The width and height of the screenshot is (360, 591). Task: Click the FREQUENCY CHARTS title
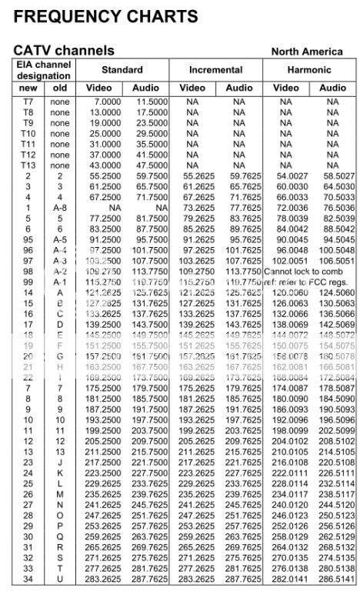coord(105,16)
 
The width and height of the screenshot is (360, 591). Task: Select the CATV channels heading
coord(64,51)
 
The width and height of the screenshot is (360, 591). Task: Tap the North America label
coord(307,52)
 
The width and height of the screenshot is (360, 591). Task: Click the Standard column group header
coord(122,70)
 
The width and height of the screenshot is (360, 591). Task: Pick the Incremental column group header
coord(216,70)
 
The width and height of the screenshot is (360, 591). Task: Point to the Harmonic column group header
coord(309,70)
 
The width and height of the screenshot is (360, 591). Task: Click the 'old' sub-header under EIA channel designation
coord(59,88)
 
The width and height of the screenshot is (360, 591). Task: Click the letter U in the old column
coord(59,579)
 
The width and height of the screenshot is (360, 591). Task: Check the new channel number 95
coord(28,240)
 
